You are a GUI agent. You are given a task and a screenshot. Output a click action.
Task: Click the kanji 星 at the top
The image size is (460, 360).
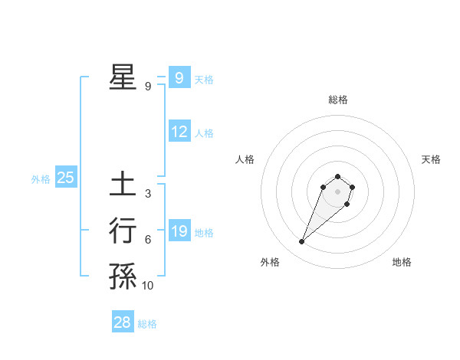123,77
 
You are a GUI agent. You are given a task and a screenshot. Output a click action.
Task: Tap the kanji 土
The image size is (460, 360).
123,185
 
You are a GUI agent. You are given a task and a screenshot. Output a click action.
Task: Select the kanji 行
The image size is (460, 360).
123,231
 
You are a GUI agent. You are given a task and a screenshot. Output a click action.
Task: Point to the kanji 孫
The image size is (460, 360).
123,277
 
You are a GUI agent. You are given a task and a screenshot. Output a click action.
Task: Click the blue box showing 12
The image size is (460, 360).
179,132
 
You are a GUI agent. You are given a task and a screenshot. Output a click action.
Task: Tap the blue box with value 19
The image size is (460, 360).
179,231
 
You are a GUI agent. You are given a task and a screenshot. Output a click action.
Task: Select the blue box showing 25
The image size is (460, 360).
65,178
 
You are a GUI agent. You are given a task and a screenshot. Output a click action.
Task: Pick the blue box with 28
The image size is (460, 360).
123,322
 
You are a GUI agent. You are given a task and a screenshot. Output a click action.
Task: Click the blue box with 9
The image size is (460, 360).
179,77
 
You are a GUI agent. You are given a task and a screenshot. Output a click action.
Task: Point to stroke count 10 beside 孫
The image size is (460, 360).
147,286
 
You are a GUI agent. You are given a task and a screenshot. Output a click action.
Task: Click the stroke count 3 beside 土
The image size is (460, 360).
147,194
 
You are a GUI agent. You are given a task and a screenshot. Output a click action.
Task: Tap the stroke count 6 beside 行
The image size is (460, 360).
147,240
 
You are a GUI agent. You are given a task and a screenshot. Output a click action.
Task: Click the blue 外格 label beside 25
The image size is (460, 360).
41,179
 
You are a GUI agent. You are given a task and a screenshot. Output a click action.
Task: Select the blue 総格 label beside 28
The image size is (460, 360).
147,324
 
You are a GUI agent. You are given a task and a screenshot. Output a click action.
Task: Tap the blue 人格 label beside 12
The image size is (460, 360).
204,133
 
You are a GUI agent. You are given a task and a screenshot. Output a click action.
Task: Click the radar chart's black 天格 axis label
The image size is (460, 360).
431,159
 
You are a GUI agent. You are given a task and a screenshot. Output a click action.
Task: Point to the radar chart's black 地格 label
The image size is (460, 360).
402,262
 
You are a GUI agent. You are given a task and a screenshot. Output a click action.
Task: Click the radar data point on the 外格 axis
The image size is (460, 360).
301,242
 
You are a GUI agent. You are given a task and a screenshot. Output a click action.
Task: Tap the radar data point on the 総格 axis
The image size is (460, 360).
337,176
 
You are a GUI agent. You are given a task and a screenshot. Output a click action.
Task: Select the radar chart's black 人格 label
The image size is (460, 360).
245,159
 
